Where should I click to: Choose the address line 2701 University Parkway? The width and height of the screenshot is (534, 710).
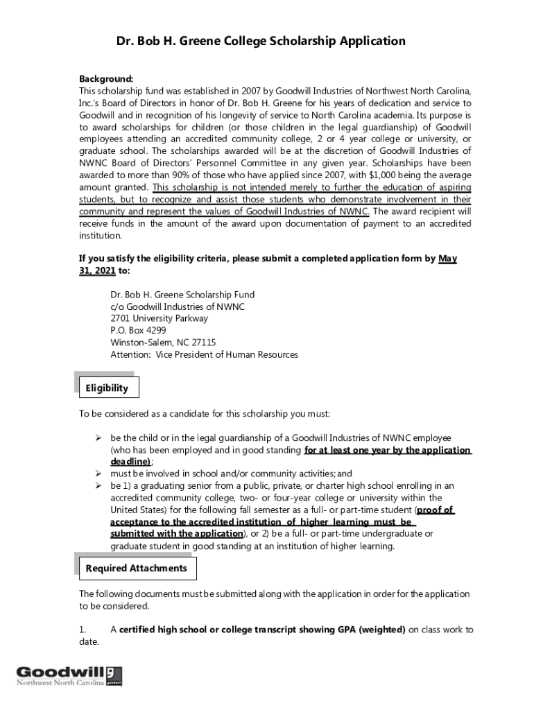click(x=159, y=318)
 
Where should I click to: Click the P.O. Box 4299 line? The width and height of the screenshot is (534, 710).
click(x=138, y=331)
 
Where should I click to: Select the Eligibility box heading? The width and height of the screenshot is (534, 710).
click(x=107, y=388)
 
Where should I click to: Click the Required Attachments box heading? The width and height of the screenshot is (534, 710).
click(x=136, y=569)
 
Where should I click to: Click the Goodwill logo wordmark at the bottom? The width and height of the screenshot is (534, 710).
click(x=61, y=672)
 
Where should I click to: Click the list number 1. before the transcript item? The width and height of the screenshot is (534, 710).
click(x=83, y=630)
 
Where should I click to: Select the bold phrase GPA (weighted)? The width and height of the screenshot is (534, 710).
click(x=372, y=630)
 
